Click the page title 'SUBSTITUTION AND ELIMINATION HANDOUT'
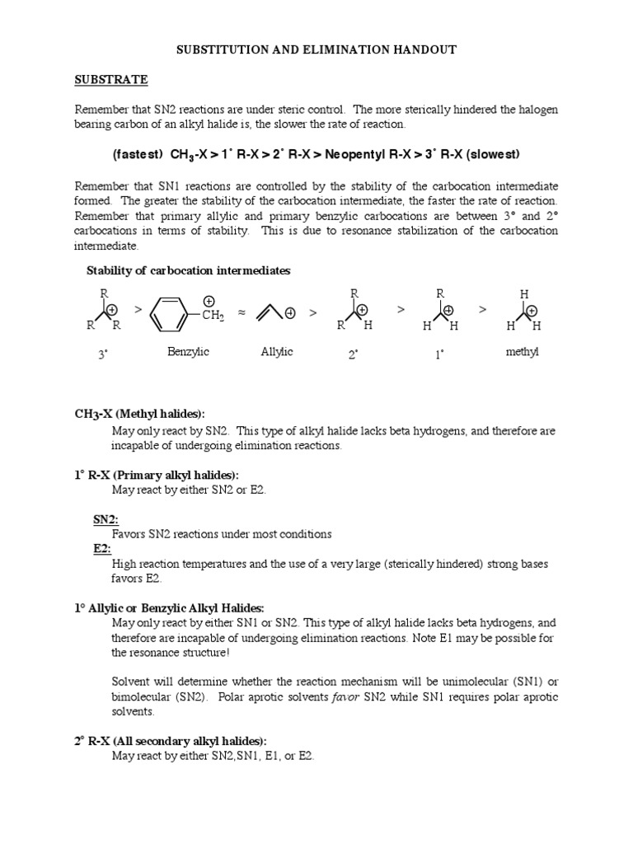pyautogui.click(x=317, y=50)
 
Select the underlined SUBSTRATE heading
pyautogui.click(x=111, y=80)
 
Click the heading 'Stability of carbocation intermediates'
pyautogui.click(x=189, y=271)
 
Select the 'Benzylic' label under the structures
pyautogui.click(x=188, y=352)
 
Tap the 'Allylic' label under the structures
pyautogui.click(x=276, y=352)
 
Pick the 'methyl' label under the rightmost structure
pyautogui.click(x=522, y=352)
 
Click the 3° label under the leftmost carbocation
pyautogui.click(x=103, y=354)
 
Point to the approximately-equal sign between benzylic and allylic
pyautogui.click(x=241, y=313)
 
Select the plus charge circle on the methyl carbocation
pyautogui.click(x=532, y=311)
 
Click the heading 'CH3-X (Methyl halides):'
pyautogui.click(x=140, y=413)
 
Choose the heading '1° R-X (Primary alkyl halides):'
pyautogui.click(x=157, y=476)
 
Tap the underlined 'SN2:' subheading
pyautogui.click(x=105, y=519)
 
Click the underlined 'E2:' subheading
pyautogui.click(x=102, y=549)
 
